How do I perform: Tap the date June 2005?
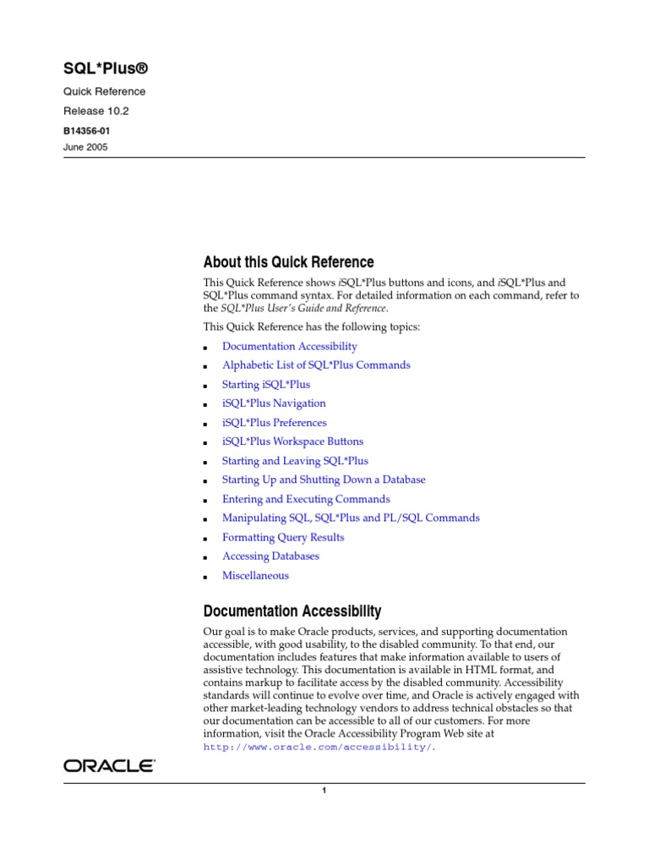click(x=85, y=147)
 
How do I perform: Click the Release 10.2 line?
click(x=96, y=111)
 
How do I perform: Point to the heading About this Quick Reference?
click(x=288, y=262)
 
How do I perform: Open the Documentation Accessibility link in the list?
click(x=289, y=346)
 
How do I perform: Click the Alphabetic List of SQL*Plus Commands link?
click(x=316, y=365)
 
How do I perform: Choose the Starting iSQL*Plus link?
click(x=265, y=384)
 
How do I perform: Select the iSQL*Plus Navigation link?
click(x=274, y=403)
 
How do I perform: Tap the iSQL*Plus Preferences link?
click(x=274, y=423)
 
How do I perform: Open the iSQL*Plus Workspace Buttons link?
click(x=292, y=441)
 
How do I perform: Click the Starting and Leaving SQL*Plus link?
click(x=295, y=461)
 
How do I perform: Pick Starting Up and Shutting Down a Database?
click(x=324, y=480)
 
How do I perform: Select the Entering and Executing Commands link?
click(x=306, y=499)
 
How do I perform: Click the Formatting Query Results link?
click(x=283, y=537)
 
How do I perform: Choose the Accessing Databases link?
click(x=270, y=556)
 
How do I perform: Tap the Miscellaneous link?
click(x=255, y=576)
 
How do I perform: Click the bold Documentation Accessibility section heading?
click(x=292, y=611)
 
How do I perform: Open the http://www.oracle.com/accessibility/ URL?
click(x=318, y=748)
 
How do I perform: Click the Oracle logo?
click(x=109, y=766)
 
